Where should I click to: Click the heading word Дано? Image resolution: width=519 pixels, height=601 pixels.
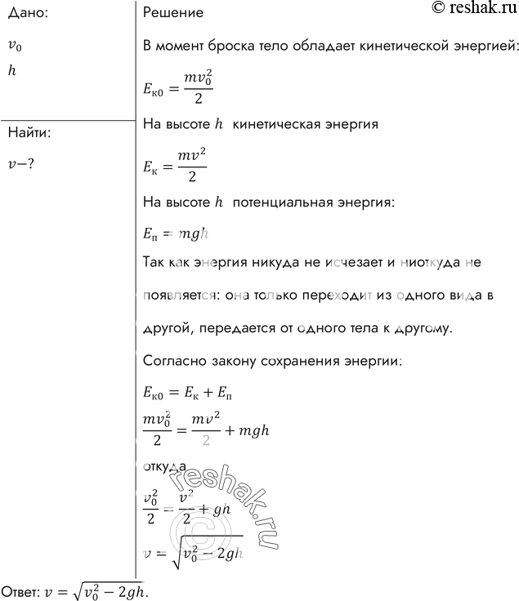[26, 13]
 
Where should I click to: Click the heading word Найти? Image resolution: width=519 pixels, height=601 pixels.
[29, 133]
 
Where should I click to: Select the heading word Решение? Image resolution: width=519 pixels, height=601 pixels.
[172, 13]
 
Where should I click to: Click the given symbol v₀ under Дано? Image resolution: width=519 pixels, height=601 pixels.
[15, 46]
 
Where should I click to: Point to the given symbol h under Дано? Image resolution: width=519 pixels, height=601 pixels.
[11, 71]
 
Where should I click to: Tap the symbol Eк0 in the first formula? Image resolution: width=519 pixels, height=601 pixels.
[155, 87]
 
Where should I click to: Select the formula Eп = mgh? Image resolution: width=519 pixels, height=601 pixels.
[176, 234]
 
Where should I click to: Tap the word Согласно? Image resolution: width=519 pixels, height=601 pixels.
[172, 360]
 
